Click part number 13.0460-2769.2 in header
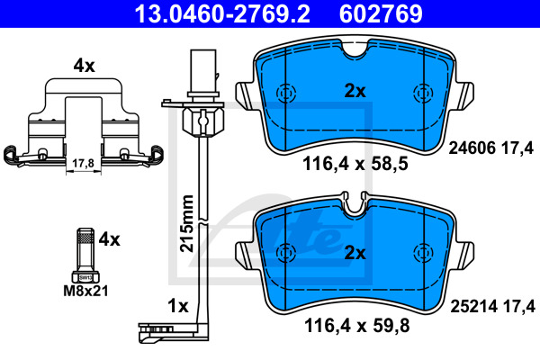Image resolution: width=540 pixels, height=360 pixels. [x=222, y=13]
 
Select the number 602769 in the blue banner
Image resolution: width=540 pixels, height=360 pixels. [x=381, y=13]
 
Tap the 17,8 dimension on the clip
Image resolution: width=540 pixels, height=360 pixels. [x=84, y=163]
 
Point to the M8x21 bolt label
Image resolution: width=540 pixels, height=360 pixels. [x=85, y=291]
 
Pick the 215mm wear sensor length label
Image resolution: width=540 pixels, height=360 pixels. [x=188, y=223]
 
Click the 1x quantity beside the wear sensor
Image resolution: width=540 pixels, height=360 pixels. [x=178, y=306]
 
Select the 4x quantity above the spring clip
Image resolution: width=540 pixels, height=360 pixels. [x=84, y=66]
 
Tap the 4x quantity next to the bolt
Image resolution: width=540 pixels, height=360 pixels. [x=110, y=239]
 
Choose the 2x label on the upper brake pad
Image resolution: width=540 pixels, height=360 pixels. [x=355, y=91]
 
